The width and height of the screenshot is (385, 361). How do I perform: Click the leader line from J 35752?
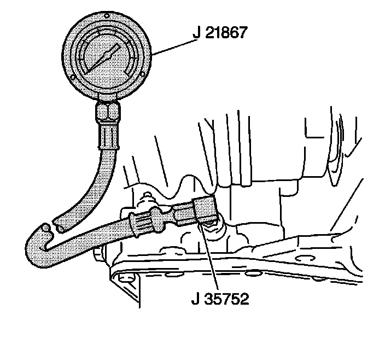208,257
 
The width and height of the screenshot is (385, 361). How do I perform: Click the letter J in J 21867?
195,33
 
